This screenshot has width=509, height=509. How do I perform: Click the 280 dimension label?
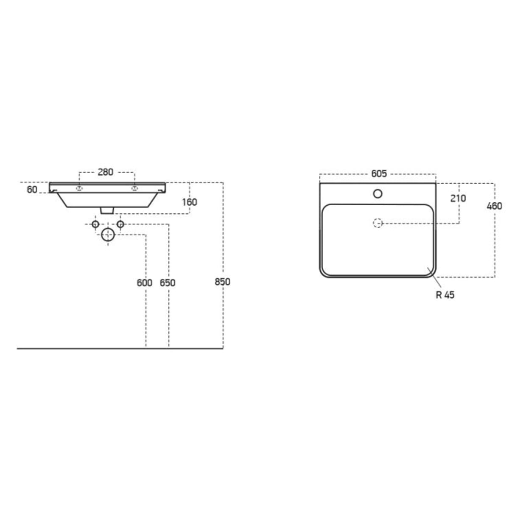[105, 172]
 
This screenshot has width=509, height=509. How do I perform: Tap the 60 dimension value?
[32, 189]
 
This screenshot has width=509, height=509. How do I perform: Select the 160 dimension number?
[190, 202]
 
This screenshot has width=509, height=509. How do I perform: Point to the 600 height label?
[145, 283]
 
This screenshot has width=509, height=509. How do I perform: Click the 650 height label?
[168, 283]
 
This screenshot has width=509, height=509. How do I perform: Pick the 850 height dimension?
[222, 282]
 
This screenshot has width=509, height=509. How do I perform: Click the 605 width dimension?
[379, 173]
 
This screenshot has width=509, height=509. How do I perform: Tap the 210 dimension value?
[458, 198]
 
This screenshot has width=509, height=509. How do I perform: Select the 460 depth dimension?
[495, 206]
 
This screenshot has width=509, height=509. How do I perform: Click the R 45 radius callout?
[445, 295]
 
